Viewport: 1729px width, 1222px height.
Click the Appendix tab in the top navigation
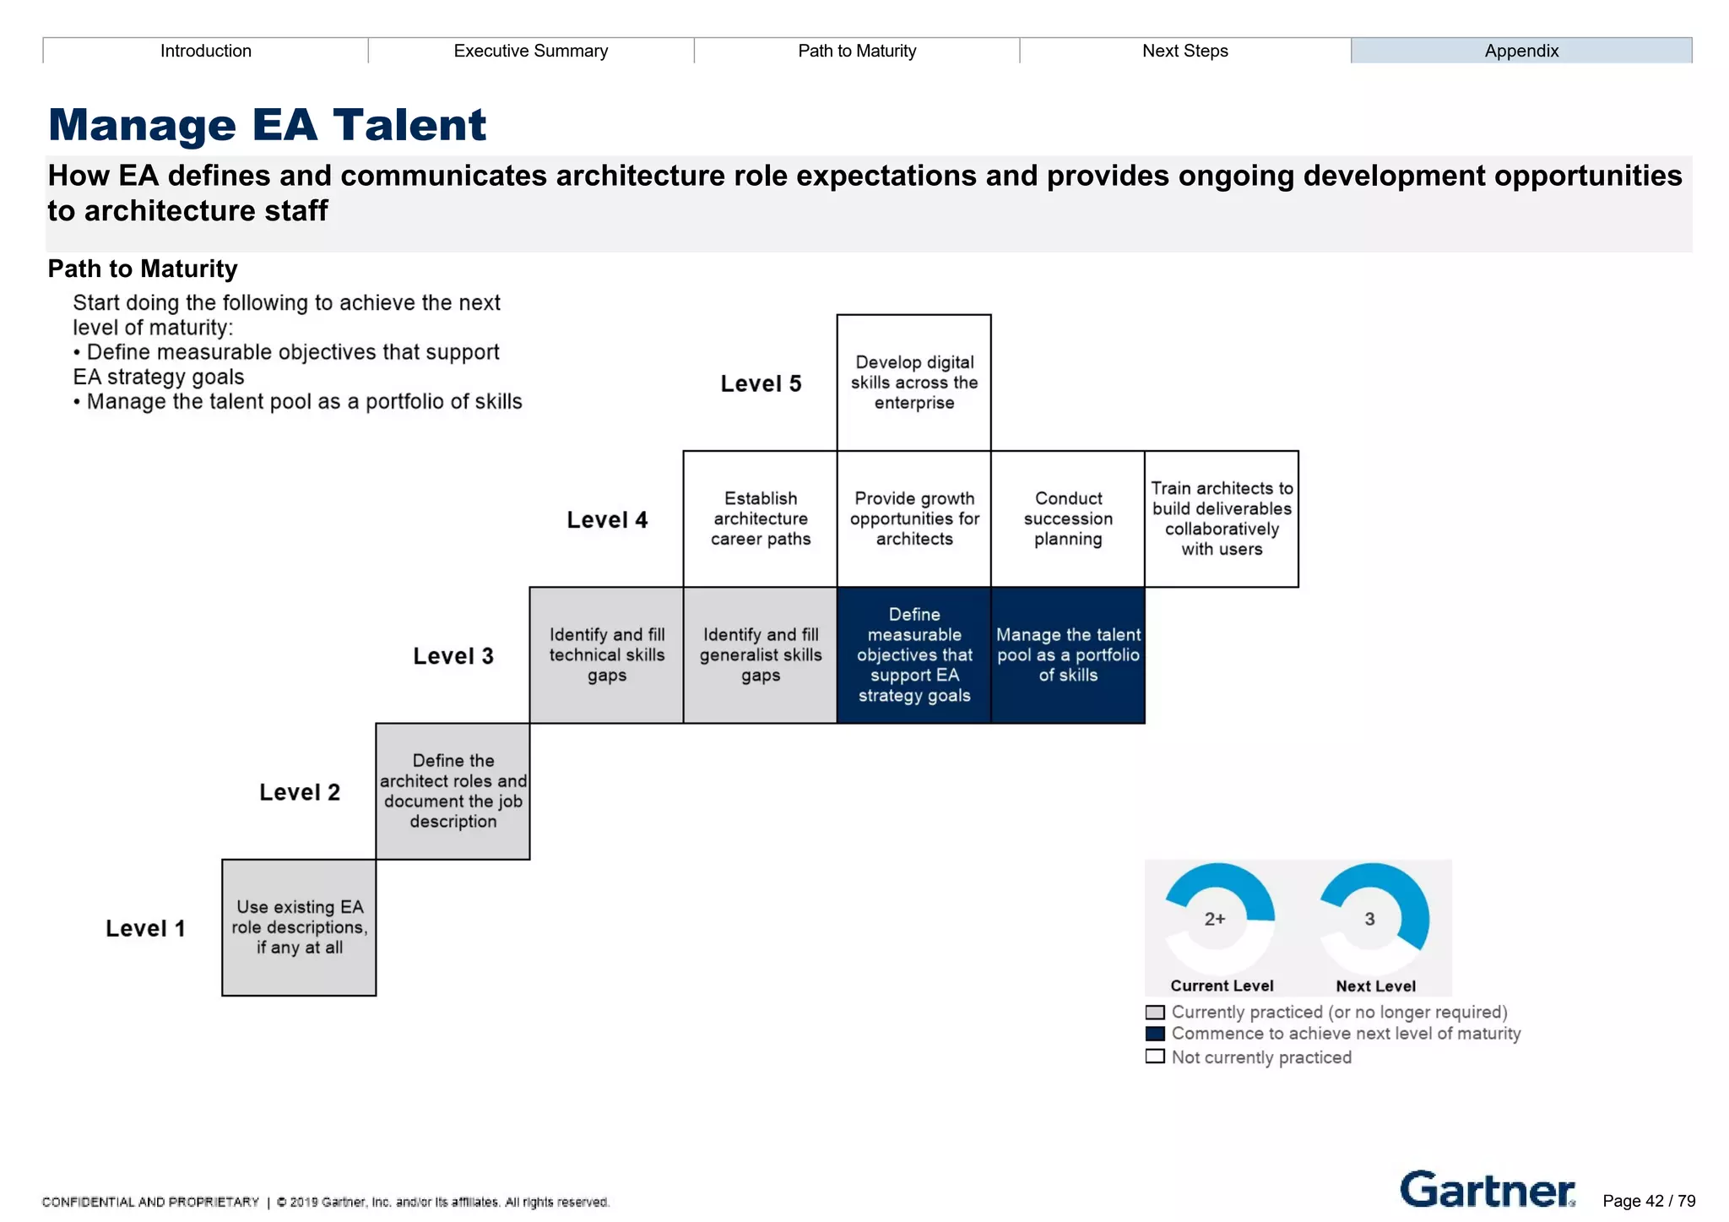coord(1520,51)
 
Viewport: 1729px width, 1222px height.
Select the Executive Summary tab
coord(530,51)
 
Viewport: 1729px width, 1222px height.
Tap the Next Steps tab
coord(1184,51)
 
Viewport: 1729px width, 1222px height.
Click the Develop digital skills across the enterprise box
coord(913,383)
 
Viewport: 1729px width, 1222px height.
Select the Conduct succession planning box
coord(1067,519)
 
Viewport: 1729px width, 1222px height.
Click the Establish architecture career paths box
coord(760,519)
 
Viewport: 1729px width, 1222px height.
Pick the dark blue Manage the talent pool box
coord(1067,654)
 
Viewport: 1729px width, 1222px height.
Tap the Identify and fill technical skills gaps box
coord(606,654)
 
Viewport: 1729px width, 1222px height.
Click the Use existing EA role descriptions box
coord(299,927)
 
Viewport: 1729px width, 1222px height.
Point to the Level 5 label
coord(760,383)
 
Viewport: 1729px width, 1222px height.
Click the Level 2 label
coord(299,792)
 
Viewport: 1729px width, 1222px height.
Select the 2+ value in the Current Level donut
coord(1215,919)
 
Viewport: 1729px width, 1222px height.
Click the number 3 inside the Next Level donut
coord(1369,919)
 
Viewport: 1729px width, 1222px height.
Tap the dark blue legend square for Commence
coord(1155,1034)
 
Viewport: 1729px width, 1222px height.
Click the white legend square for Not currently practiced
coord(1155,1056)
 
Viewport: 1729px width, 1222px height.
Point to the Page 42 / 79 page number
coord(1648,1201)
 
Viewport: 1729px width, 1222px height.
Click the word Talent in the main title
coord(409,125)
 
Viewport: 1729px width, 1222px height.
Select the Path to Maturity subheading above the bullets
coord(143,269)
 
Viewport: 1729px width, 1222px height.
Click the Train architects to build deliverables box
coord(1221,519)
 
